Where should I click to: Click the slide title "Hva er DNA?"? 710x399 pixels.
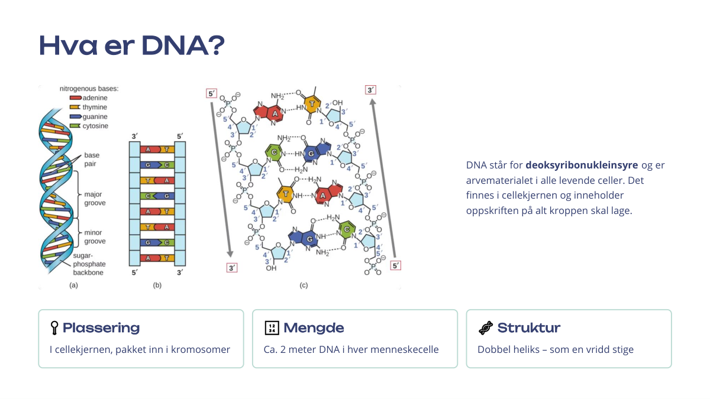point(131,46)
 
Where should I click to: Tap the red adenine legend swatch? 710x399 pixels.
point(76,98)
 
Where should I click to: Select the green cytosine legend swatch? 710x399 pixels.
point(75,126)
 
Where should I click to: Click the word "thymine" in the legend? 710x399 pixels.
point(95,107)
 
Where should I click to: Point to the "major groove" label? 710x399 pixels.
point(95,199)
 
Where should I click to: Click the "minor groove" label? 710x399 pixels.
point(95,237)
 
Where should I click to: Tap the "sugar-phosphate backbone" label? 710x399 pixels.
point(89,264)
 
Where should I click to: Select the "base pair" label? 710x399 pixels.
point(92,159)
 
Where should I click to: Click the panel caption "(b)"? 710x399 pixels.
point(157,285)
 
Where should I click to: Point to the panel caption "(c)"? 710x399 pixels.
point(304,285)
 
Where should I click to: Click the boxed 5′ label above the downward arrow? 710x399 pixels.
point(211,93)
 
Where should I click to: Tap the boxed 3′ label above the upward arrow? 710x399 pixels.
point(370,90)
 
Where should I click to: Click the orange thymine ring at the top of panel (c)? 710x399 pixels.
point(312,104)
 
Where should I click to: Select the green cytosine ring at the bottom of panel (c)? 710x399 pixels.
point(347,229)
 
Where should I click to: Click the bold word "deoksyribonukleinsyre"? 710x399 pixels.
point(582,165)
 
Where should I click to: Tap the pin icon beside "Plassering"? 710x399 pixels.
point(54,327)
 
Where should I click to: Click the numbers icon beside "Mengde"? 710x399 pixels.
point(272,327)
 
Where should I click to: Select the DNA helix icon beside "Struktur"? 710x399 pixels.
point(486,327)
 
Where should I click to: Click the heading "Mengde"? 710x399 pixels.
point(314,327)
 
